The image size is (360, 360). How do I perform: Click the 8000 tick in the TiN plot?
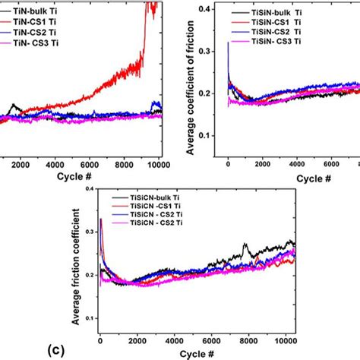[x=122, y=165]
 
